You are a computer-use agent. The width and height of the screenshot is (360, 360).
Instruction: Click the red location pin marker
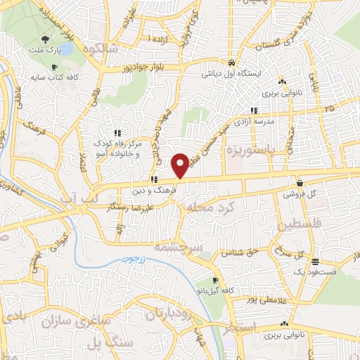point(181,165)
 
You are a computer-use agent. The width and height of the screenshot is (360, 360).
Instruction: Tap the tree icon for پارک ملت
point(45,39)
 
